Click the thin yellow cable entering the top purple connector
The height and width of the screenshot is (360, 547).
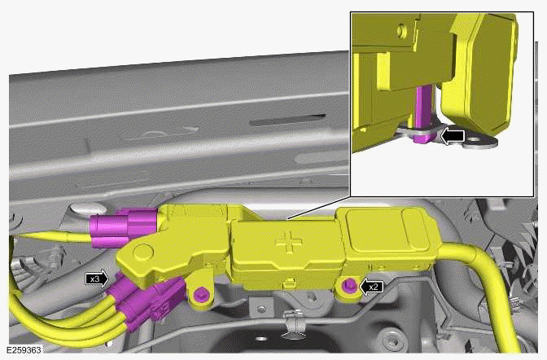[49, 234]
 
